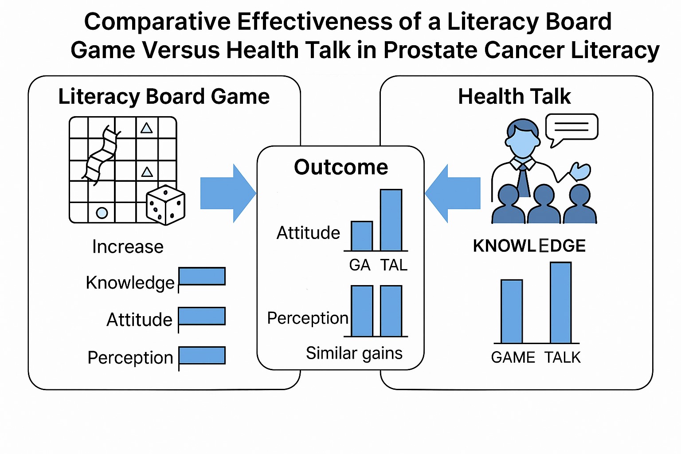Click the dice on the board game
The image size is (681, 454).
click(x=165, y=205)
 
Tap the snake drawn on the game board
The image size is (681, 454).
click(x=102, y=155)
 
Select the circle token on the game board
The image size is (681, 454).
click(x=102, y=213)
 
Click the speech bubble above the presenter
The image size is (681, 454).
click(x=571, y=128)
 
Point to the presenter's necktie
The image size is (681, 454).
click(x=524, y=182)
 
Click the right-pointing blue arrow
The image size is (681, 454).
click(x=228, y=193)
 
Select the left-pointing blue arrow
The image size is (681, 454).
click(x=453, y=193)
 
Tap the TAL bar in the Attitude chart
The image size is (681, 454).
click(x=391, y=220)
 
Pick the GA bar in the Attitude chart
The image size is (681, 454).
click(x=362, y=236)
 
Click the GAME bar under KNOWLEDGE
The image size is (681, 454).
click(x=512, y=311)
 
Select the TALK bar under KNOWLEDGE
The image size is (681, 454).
click(x=561, y=302)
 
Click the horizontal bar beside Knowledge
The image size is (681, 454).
click(x=202, y=276)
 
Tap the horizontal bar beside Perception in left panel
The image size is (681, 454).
click(x=202, y=356)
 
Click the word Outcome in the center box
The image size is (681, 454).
click(x=341, y=167)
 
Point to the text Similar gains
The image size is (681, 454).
click(x=354, y=353)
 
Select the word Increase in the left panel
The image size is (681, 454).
click(x=128, y=247)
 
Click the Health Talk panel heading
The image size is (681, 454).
click(x=514, y=96)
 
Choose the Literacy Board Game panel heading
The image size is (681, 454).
click(x=164, y=96)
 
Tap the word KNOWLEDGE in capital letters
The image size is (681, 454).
click(x=529, y=246)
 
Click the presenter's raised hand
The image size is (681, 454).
click(x=580, y=171)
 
